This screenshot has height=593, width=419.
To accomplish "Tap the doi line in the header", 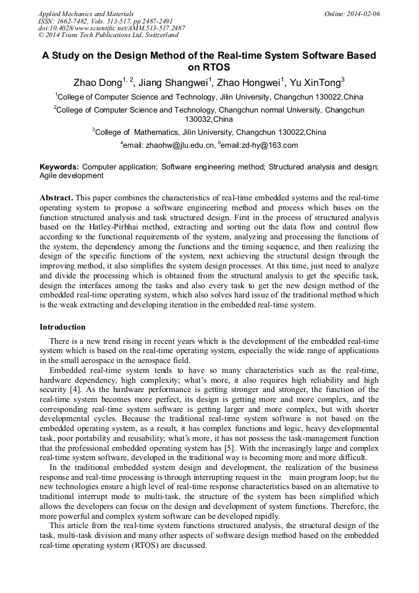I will tap(112, 28).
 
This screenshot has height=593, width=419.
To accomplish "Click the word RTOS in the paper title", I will tap(209, 67).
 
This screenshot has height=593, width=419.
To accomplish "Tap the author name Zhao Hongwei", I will tap(250, 82).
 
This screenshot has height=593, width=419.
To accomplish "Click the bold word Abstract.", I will tap(57, 198).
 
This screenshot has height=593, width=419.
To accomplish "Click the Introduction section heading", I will tap(62, 327).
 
